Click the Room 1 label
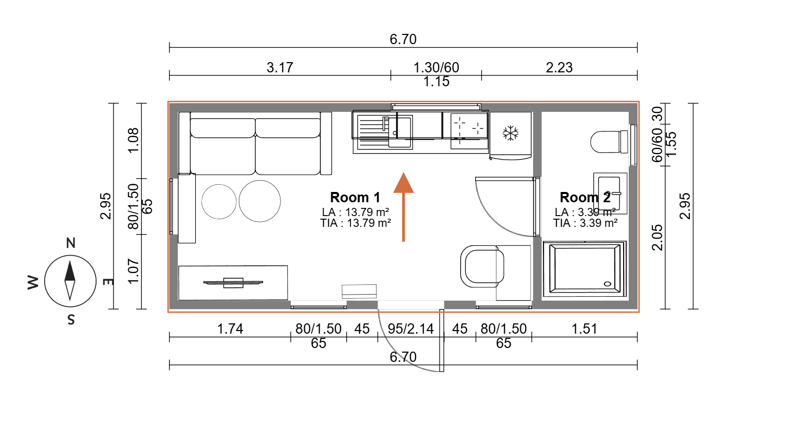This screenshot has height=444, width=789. click(355, 198)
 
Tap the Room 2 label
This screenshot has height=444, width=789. click(585, 198)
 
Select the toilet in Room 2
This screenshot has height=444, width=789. click(609, 142)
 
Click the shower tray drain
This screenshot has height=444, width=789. click(608, 284)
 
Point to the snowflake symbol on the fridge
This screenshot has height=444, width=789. click(511, 133)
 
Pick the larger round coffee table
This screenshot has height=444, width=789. click(259, 201)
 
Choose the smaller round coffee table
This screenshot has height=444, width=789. click(219, 201)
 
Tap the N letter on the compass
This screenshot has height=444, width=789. click(71, 243)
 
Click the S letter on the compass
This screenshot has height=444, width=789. click(71, 320)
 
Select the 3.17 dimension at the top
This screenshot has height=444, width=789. click(279, 67)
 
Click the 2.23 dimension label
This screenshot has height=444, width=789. click(559, 67)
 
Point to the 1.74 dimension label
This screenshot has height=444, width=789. click(230, 329)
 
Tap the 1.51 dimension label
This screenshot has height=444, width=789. click(585, 329)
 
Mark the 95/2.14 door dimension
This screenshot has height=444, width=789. click(411, 329)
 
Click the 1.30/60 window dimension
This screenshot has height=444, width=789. click(436, 67)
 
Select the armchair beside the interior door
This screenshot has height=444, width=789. click(482, 266)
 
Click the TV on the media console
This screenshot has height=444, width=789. click(233, 282)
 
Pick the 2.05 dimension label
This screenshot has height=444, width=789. click(657, 237)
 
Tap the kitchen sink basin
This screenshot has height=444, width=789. click(400, 132)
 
